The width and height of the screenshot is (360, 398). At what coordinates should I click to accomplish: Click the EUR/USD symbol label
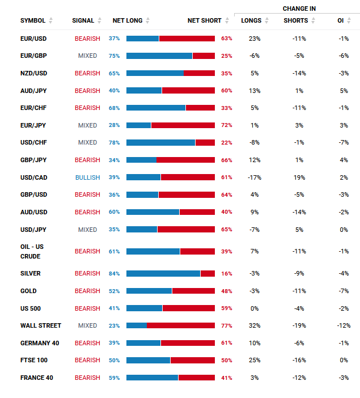(33, 39)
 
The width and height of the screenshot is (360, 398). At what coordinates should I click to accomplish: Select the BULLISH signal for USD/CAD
(87, 177)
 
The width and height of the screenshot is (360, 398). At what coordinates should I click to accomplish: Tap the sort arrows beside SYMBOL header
(51, 20)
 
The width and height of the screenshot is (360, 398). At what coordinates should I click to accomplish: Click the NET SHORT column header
(204, 20)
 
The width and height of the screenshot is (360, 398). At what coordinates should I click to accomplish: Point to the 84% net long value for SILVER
(115, 274)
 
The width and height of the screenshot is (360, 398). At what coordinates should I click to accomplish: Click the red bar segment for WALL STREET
(181, 325)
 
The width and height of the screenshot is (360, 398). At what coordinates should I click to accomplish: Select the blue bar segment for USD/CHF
(160, 143)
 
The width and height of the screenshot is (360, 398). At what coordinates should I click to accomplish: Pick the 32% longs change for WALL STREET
(255, 325)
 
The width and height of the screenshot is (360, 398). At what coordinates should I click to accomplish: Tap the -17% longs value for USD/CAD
(255, 177)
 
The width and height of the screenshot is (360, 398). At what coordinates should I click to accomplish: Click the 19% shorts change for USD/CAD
(299, 177)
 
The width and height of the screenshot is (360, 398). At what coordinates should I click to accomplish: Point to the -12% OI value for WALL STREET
(344, 325)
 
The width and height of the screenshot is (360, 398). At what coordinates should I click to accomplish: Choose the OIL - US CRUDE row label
(32, 252)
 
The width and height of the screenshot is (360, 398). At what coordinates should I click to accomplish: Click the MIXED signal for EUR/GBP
(87, 56)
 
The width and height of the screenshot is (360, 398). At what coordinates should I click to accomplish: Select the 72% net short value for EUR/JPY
(227, 125)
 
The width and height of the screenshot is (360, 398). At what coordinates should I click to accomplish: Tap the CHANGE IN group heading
(299, 9)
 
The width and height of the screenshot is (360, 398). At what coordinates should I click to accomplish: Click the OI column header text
(341, 20)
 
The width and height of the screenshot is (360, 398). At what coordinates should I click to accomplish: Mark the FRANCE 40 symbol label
(37, 378)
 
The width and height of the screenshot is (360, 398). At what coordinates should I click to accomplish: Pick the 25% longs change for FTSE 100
(255, 360)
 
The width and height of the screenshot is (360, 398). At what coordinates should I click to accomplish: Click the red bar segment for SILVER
(207, 274)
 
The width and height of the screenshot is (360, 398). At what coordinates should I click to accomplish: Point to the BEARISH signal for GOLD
(87, 291)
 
